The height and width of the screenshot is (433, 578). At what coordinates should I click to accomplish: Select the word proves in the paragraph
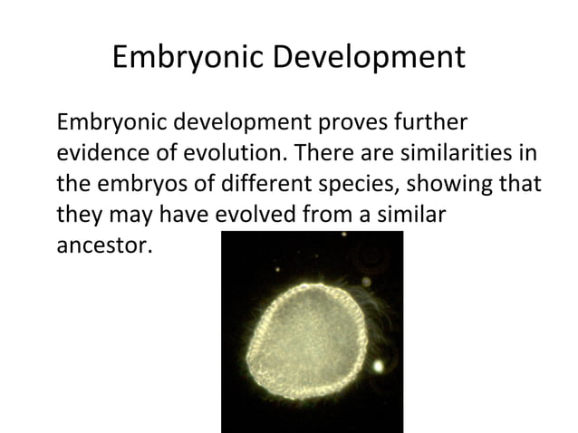[x=348, y=122]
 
